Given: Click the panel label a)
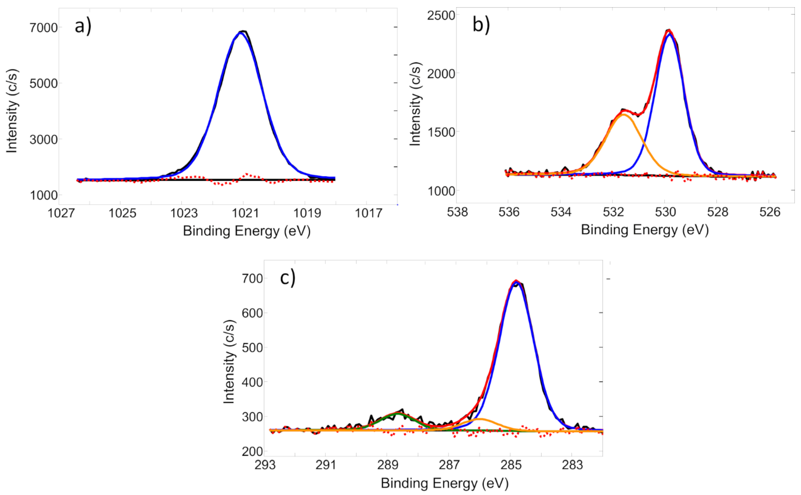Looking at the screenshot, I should pyautogui.click(x=83, y=26).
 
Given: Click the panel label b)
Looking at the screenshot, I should pyautogui.click(x=481, y=25).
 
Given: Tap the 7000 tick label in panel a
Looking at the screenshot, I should pyautogui.click(x=44, y=28).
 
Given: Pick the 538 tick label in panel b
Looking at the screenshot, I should pyautogui.click(x=457, y=212).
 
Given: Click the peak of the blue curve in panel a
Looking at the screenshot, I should pyautogui.click(x=241, y=33).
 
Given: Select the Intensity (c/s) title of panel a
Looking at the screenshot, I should pyautogui.click(x=12, y=111).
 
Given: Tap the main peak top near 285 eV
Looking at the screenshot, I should pyautogui.click(x=516, y=281).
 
